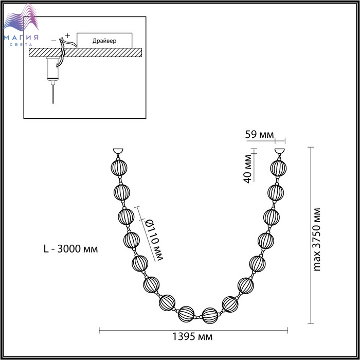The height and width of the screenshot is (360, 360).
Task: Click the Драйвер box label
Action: (104, 41)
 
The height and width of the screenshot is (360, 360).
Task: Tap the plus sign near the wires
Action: (67, 35)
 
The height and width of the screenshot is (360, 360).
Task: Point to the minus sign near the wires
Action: (53, 41)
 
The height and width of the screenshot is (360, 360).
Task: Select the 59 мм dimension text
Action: (259, 135)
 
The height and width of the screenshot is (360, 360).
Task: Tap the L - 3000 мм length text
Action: (71, 248)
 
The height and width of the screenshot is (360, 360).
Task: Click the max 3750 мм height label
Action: (317, 240)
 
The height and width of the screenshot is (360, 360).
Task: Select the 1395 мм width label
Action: (192, 336)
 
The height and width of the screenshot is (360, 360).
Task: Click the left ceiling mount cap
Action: (118, 151)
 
